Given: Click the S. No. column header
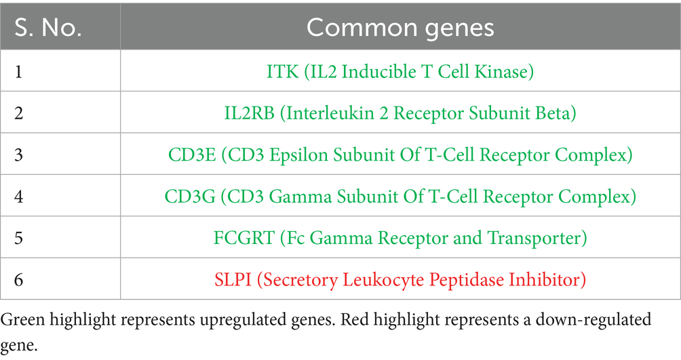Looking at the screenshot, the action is point(48,28).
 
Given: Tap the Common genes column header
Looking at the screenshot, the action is point(400,28).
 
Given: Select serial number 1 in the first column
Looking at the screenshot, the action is point(18,71).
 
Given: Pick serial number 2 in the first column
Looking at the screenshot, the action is point(19,113).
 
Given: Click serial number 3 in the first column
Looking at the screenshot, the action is point(19,155).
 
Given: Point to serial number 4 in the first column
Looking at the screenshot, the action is point(19,197).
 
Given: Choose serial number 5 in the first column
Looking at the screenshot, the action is point(19,238).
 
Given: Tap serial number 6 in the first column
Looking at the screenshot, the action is point(19,280).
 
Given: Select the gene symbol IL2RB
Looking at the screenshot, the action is point(250,113).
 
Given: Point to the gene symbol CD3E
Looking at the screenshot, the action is point(192,155).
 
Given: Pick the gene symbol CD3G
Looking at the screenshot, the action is point(190,197).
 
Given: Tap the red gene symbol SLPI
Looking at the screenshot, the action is point(233,280).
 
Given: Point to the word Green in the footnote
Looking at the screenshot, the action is point(22,319).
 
